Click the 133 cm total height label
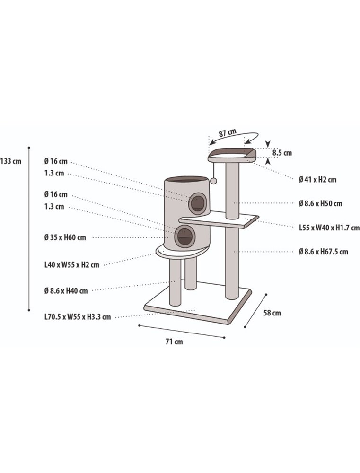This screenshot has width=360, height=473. (11, 161)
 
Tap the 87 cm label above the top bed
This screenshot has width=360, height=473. (228, 132)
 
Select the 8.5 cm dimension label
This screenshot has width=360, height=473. (282, 153)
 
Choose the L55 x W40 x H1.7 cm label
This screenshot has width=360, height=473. (329, 228)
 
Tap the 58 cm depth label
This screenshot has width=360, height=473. (272, 313)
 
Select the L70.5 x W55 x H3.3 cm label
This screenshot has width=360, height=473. (78, 317)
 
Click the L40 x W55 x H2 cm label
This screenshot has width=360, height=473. (71, 265)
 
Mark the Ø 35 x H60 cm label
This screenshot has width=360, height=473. (65, 237)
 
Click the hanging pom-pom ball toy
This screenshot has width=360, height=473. (214, 181)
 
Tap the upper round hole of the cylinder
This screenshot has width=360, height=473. (198, 203)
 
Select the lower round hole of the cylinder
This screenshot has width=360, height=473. (184, 236)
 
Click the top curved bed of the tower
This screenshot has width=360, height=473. (232, 154)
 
